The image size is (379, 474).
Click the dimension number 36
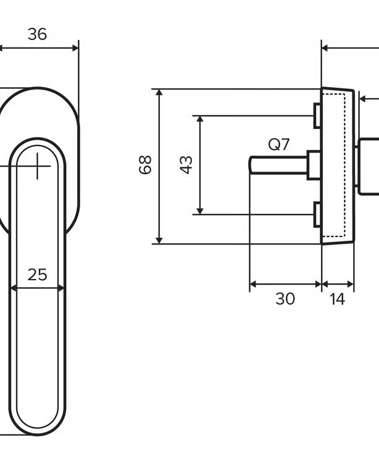(37, 34)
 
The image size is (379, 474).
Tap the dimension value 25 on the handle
(38, 275)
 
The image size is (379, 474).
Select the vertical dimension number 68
(145, 165)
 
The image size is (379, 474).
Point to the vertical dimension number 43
(186, 165)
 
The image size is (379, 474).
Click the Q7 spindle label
(279, 144)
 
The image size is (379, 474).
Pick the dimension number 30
(285, 299)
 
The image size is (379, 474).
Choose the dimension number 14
(337, 299)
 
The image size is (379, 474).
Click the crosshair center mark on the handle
(37, 166)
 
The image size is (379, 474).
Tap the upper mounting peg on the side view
(317, 115)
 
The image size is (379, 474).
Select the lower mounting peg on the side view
(317, 215)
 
